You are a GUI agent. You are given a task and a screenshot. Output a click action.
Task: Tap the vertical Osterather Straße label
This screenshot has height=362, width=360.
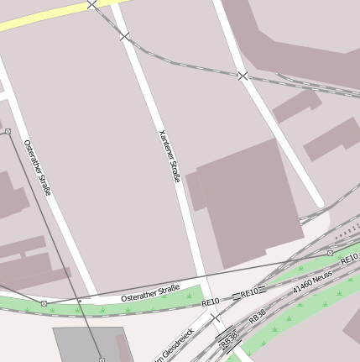38,166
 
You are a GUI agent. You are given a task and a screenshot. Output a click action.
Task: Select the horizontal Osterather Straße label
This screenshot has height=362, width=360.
150,293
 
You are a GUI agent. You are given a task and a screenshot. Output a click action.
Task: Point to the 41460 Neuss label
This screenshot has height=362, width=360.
312,282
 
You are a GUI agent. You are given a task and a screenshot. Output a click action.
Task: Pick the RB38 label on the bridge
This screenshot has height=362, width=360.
228,340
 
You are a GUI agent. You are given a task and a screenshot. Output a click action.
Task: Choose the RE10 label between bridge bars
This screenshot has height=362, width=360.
249,293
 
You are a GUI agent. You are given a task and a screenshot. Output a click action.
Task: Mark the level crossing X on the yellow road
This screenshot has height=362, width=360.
91,5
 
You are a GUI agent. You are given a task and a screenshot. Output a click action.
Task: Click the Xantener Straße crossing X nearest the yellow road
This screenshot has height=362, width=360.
125,36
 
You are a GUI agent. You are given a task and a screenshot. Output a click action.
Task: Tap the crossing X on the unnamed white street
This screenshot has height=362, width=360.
243,76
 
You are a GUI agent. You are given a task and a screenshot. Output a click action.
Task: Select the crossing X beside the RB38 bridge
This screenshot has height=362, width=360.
215,318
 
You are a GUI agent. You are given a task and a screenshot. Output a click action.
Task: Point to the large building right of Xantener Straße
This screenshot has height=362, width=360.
248,202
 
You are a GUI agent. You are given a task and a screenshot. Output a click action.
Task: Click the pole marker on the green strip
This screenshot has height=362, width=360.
44,303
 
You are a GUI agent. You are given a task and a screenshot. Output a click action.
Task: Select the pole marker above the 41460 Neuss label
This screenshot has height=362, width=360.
330,252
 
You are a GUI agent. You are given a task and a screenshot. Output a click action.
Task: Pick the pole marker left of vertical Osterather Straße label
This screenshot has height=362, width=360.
8,131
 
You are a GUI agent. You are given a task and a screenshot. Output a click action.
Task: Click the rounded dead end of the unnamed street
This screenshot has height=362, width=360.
319,203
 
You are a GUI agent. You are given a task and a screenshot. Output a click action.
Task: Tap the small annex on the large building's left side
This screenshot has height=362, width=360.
196,191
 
